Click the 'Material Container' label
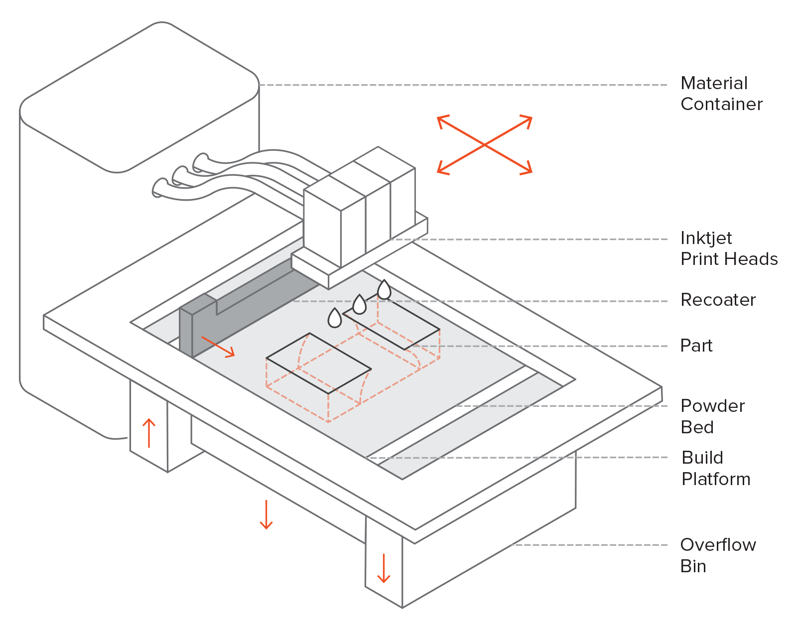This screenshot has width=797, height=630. pos(721,94)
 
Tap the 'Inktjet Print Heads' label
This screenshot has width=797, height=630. pos(728,249)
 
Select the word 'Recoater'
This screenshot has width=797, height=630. pos(718,300)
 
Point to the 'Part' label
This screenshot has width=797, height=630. pos(696,346)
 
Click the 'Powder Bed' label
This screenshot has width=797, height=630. pos(712,416)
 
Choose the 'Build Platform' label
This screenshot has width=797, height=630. pos(715,468)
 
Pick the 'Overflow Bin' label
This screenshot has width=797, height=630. pos(718,555)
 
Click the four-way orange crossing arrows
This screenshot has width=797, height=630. pos(485,145)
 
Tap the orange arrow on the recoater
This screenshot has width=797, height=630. pos(218,347)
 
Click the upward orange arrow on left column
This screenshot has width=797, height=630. pos(149,433)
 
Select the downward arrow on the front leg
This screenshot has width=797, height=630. pos(384,568)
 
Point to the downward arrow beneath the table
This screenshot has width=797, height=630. pos(266,514)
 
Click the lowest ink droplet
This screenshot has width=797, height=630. pos(335,318)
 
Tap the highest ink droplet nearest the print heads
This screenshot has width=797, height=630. pos(384,290)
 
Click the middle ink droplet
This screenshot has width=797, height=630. pos(359,305)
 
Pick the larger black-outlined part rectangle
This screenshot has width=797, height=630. pos(319,364)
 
